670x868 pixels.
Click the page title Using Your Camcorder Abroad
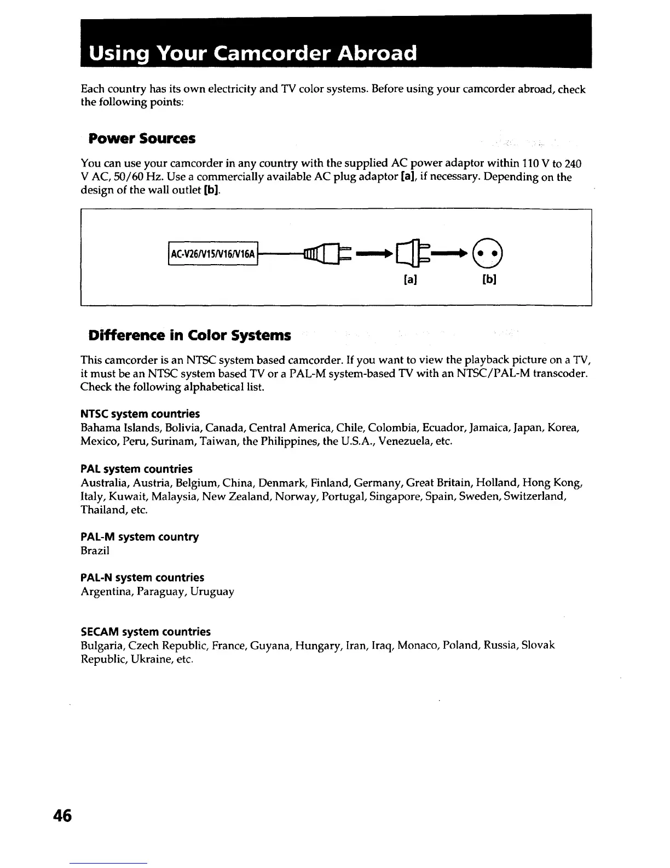coord(253,53)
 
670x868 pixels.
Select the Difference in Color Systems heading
coord(189,335)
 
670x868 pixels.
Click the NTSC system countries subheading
coord(140,413)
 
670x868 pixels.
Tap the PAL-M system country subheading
coord(140,536)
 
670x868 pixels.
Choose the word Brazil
coord(95,550)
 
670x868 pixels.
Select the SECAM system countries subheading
coord(146,631)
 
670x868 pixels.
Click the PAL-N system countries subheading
coord(142,578)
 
